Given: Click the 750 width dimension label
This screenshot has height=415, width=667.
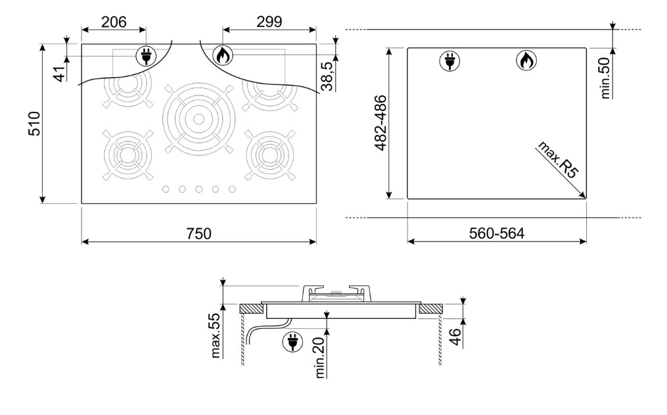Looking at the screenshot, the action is (198, 233).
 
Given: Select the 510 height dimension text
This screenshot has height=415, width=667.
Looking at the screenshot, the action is (34, 124).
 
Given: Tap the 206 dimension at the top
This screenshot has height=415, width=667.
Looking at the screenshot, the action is (114, 22).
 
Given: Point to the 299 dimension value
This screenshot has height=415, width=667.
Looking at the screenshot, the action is (269, 22).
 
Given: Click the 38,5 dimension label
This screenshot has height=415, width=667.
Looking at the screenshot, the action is (327, 76).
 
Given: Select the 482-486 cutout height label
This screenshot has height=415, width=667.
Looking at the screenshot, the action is (380, 122).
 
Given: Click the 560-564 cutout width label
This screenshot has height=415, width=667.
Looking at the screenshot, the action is (497, 233).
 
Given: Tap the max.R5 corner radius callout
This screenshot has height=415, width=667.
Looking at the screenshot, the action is (559, 159).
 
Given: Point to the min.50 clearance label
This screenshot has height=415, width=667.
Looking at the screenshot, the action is (605, 78).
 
